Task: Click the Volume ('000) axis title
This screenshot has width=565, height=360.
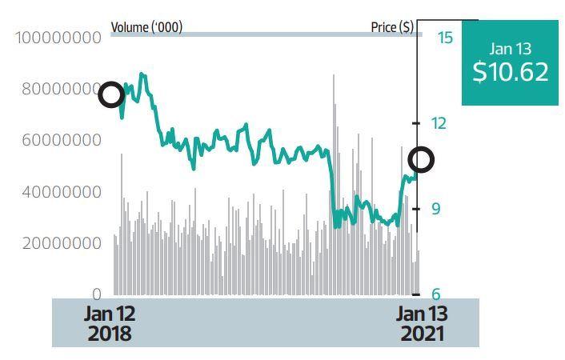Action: pyautogui.click(x=146, y=27)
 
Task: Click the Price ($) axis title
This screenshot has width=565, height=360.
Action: pyautogui.click(x=392, y=27)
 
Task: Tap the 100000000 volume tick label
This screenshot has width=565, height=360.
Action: pyautogui.click(x=62, y=37)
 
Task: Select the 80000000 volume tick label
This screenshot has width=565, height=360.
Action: pyautogui.click(x=62, y=89)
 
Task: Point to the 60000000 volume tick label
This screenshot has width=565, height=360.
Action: pyautogui.click(x=62, y=140)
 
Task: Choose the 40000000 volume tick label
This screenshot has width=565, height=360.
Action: pyautogui.click(x=62, y=192)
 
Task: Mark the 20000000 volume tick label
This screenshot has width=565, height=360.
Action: pyautogui.click(x=62, y=243)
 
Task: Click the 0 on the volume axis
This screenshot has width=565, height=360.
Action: pyautogui.click(x=97, y=294)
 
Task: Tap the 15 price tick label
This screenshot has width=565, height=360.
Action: pyautogui.click(x=445, y=37)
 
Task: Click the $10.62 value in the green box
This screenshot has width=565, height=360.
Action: pyautogui.click(x=510, y=72)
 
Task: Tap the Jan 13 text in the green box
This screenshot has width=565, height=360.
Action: pyautogui.click(x=510, y=49)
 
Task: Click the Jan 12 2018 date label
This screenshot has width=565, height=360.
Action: pyautogui.click(x=109, y=323)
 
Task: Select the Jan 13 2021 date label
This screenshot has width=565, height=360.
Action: pyautogui.click(x=422, y=323)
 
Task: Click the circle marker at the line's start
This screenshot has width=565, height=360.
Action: pyautogui.click(x=111, y=94)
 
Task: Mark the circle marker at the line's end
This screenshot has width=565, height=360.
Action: pyautogui.click(x=421, y=160)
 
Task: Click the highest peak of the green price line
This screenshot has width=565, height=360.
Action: pyautogui.click(x=142, y=74)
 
